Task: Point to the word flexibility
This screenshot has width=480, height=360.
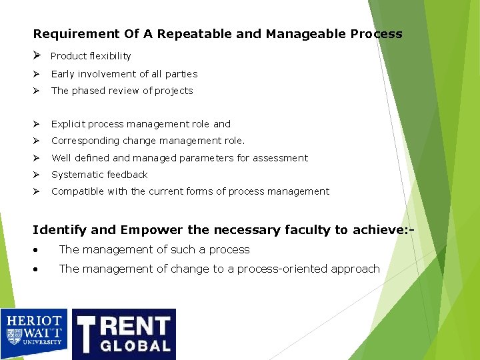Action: tap(107, 56)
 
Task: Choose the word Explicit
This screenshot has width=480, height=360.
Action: tap(68, 124)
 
